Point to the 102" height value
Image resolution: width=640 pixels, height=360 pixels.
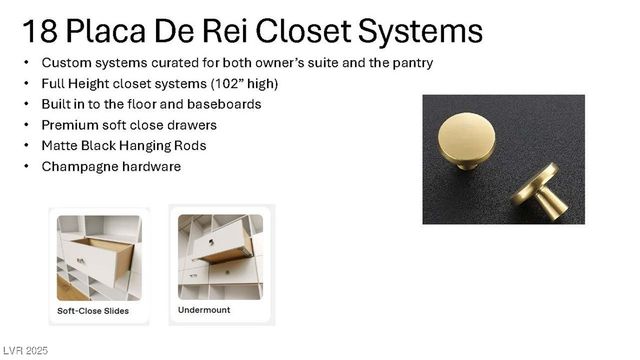click(x=227, y=84)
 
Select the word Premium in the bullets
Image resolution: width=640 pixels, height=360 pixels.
click(x=70, y=125)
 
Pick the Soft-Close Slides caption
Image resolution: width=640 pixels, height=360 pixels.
click(x=93, y=311)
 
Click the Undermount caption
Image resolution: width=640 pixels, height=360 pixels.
click(x=205, y=310)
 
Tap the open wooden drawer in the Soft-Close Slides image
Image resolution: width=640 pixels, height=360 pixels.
click(x=100, y=257)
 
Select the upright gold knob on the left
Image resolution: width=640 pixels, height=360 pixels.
click(x=466, y=141)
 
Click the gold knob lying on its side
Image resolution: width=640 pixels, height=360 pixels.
click(x=540, y=193)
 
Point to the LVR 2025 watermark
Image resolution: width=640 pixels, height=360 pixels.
click(x=24, y=351)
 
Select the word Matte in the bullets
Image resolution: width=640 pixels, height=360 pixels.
click(x=59, y=146)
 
